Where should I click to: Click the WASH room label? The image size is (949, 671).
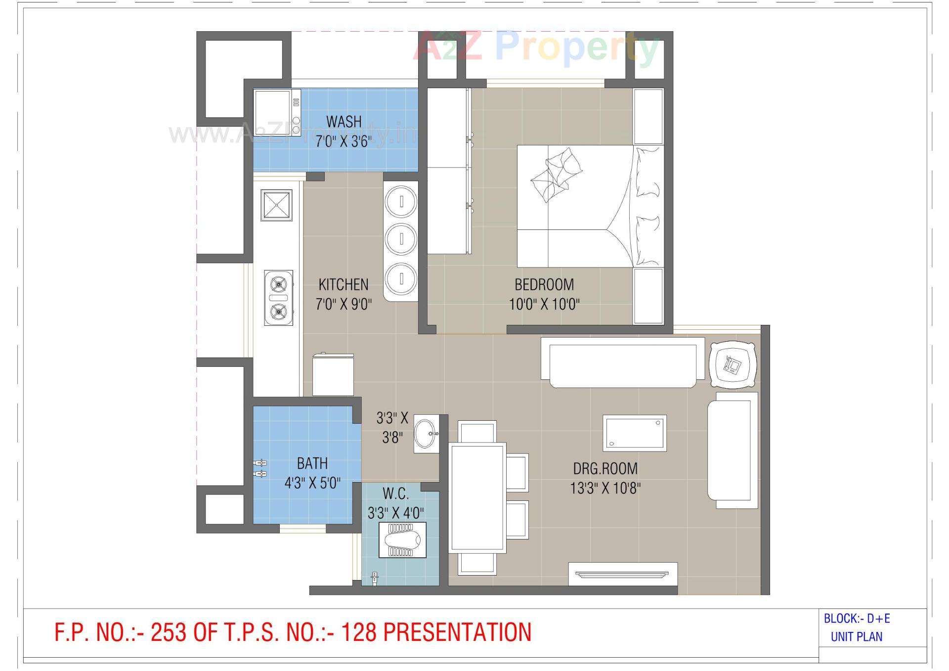click(x=344, y=121)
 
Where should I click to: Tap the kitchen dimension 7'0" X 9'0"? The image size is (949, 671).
click(x=344, y=304)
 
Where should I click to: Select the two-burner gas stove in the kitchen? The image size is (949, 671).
click(x=278, y=298)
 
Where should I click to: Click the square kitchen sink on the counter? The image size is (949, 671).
click(x=276, y=205)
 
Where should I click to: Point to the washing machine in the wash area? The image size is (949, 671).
click(x=277, y=112)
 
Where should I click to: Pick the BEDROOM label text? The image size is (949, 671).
click(x=544, y=284)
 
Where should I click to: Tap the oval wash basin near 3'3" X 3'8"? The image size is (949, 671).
click(x=426, y=434)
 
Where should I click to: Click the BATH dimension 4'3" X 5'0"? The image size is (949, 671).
click(x=312, y=483)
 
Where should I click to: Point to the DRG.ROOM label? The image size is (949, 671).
click(x=605, y=468)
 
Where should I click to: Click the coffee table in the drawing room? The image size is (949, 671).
click(x=634, y=432)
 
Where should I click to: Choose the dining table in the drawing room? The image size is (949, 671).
click(x=477, y=497)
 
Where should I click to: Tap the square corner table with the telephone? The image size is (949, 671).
click(x=733, y=365)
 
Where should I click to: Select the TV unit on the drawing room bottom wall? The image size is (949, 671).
click(x=622, y=574)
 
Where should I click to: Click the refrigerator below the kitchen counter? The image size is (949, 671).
click(x=333, y=374)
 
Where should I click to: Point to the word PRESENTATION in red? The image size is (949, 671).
click(x=457, y=632)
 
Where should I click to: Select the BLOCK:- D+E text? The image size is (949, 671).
click(x=857, y=619)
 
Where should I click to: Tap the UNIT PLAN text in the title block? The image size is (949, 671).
click(x=857, y=637)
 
